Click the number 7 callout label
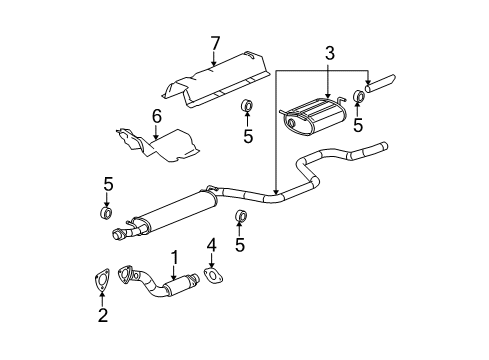click(x=213, y=43)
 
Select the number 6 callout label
click(x=156, y=118)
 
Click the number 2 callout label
click(x=101, y=317)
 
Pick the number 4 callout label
click(x=211, y=245)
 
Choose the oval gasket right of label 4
click(x=213, y=273)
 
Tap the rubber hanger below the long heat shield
click(x=247, y=107)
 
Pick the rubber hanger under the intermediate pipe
click(x=240, y=218)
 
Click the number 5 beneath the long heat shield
click(x=247, y=135)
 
